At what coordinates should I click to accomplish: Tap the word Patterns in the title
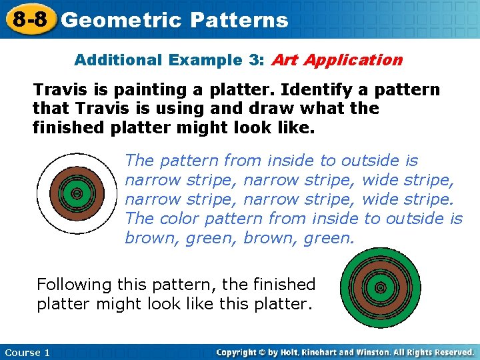pos(239,20)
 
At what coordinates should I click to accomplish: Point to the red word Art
pos(284,60)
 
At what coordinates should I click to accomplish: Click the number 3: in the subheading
pos(256,60)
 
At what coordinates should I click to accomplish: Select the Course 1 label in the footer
pos(27,352)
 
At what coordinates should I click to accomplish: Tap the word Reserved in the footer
pos(451,352)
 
